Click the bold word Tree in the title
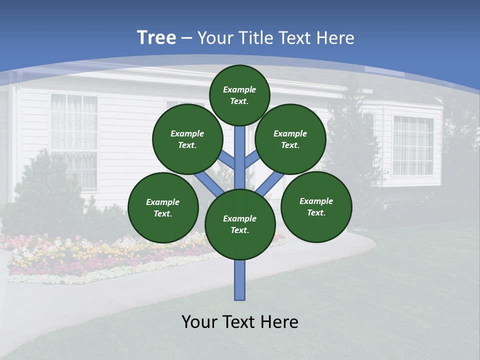point(156,38)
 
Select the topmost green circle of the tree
point(239,95)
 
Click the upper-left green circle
point(187,139)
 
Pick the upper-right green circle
point(290,139)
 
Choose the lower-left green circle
point(163,207)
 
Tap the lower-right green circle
point(316,206)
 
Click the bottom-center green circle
point(240,224)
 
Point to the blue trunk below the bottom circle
point(240,280)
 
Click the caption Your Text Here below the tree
point(240,322)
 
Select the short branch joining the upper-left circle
point(228,160)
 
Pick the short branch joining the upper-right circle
point(251,159)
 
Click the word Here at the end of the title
point(336,38)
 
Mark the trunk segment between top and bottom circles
point(240,157)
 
